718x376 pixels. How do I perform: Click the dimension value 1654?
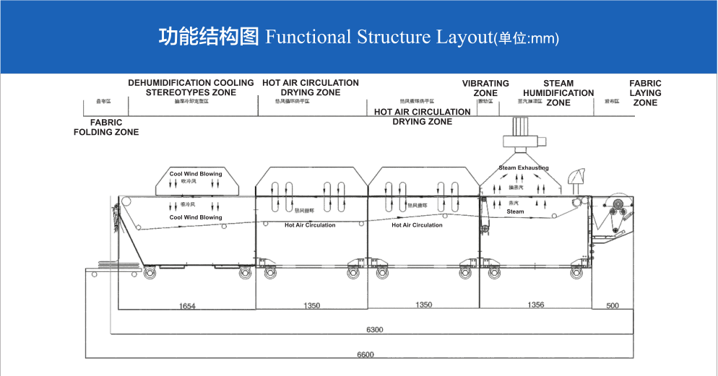[187, 306]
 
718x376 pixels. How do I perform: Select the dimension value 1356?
[535, 305]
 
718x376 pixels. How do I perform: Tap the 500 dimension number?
[613, 306]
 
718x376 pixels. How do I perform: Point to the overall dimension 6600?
[366, 354]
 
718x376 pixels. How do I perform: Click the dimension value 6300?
[374, 330]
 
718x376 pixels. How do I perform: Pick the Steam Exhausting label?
[524, 168]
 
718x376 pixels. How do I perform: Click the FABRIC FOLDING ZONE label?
[106, 128]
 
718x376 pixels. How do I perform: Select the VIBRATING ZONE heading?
[485, 88]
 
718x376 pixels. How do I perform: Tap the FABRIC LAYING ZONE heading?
[645, 93]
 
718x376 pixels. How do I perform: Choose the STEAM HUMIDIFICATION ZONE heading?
[558, 93]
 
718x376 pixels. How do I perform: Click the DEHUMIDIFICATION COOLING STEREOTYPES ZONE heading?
[191, 87]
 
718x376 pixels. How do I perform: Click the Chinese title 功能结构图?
[208, 37]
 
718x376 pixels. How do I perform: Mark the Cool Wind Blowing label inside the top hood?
[196, 174]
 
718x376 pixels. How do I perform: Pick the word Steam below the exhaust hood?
[515, 212]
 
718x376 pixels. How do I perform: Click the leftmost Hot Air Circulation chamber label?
[310, 225]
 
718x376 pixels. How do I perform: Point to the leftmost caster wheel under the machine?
[150, 273]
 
